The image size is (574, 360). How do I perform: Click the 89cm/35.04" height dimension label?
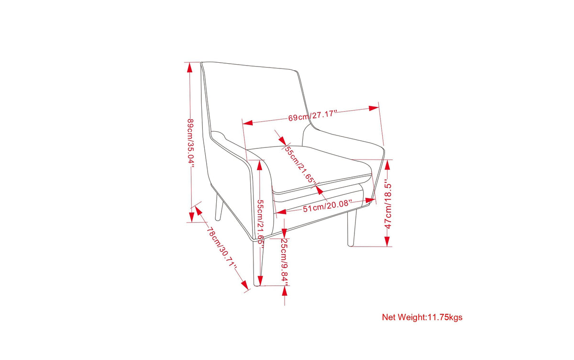pos(191,143)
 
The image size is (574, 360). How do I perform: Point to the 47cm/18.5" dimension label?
pos(388,206)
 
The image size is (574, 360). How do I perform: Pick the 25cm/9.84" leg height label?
pos(285,262)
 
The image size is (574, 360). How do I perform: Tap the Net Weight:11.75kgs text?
pos(422,317)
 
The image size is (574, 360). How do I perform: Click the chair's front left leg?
pos(257,263)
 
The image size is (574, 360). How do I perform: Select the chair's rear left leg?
pos(219,207)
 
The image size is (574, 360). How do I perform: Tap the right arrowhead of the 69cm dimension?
pos(374,108)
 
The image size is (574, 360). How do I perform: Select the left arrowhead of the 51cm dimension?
pos(281,212)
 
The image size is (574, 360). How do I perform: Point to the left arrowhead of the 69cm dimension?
pos(248,123)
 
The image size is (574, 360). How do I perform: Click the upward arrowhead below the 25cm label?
pos(285,291)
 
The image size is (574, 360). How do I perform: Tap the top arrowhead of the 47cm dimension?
pos(387,165)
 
